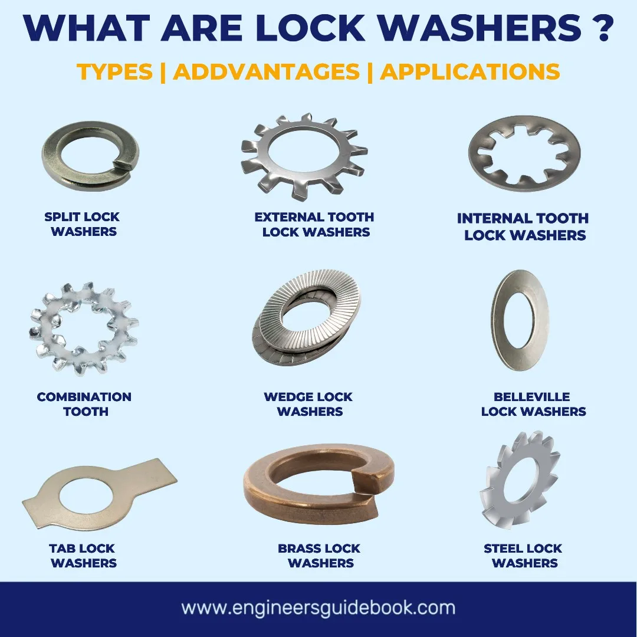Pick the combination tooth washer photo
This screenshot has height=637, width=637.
pos(83,328)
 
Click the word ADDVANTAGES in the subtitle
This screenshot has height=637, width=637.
pos(266,71)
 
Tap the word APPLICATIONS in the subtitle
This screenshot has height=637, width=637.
pos(469,71)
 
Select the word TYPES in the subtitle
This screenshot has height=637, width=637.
pos(114,71)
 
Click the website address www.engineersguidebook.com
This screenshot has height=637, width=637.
pos(318,608)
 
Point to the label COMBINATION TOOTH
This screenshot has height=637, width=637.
pos(84,404)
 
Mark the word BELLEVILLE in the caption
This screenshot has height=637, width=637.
pos(524,397)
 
